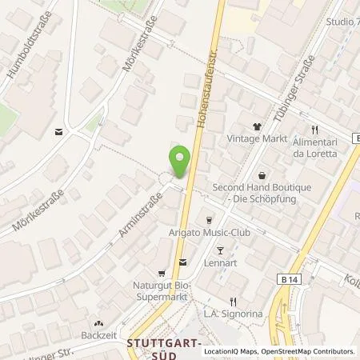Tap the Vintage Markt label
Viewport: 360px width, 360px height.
pos(256,138)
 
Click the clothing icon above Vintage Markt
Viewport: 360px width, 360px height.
pos(257,126)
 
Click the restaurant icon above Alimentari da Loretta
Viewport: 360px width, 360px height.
pos(315,129)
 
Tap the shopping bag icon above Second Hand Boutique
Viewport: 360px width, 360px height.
pos(262,174)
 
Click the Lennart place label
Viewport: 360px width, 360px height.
pos(220,262)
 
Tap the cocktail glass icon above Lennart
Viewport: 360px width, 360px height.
pos(220,250)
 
